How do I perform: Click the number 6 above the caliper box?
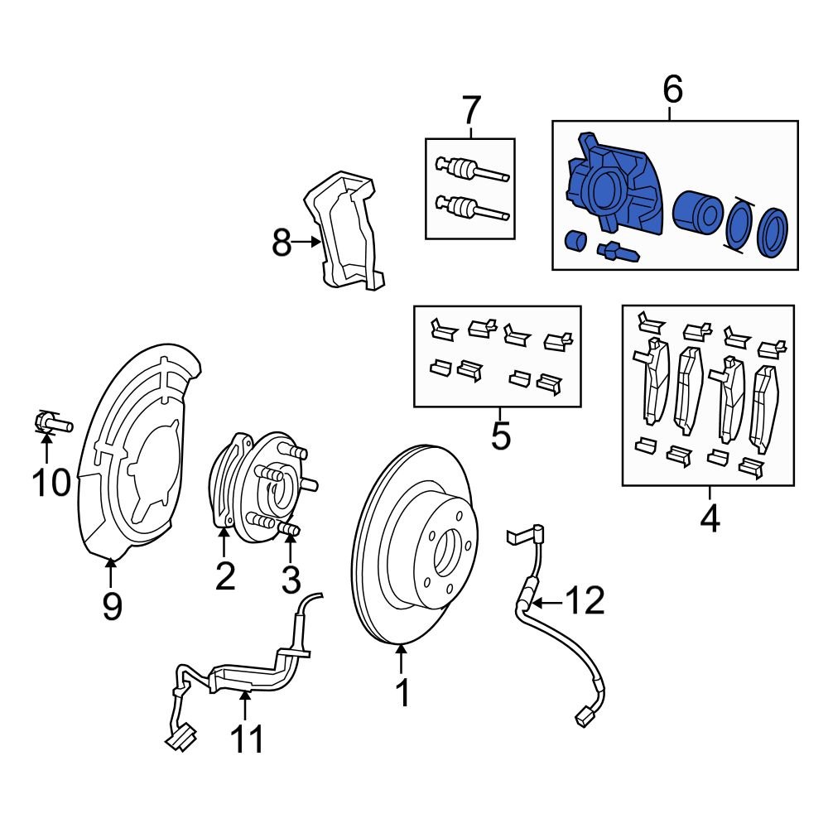(672, 89)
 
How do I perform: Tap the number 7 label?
(470, 110)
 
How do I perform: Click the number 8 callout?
(282, 243)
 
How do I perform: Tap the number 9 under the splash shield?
(112, 606)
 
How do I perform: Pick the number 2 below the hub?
(225, 575)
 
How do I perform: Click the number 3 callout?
(290, 580)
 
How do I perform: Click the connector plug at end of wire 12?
(584, 715)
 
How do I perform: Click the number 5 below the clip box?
(500, 435)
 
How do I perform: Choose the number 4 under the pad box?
(710, 519)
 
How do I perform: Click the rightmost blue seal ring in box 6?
(773, 233)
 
